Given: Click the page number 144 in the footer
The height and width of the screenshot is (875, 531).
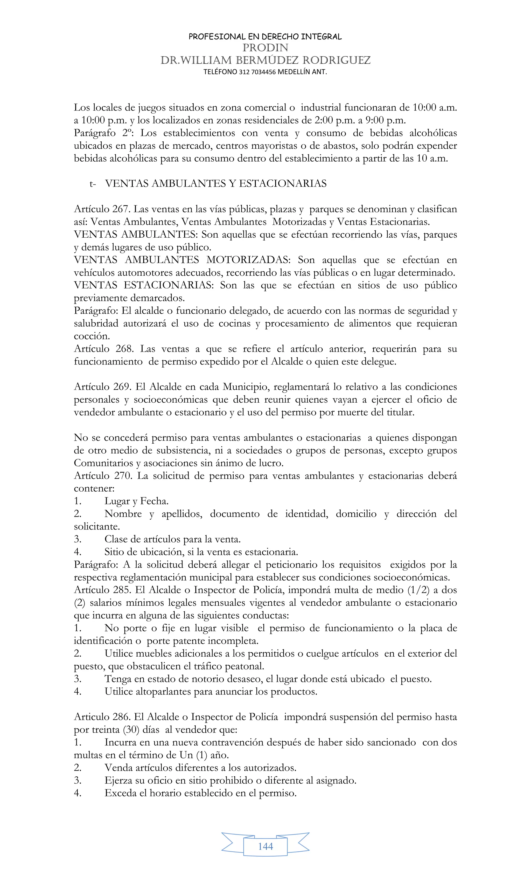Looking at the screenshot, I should (265, 846).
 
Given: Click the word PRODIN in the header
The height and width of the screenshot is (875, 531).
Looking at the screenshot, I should (265, 47).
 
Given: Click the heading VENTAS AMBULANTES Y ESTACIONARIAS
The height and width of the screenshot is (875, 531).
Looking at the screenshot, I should (216, 184).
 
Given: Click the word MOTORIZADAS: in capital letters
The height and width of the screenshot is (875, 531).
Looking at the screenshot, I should (248, 260).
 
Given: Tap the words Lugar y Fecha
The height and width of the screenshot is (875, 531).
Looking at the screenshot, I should (136, 501).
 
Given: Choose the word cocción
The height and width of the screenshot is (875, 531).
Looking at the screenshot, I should (92, 336).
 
